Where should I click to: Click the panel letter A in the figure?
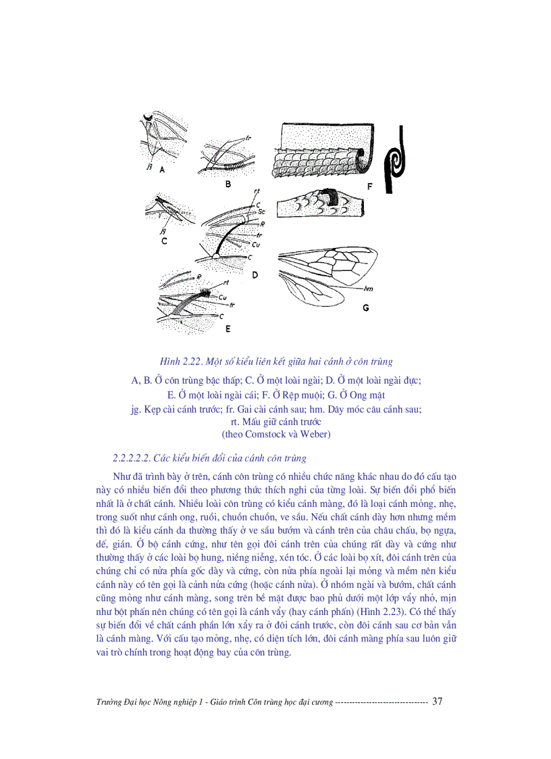coord(163,170)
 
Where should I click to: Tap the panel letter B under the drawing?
coord(228,183)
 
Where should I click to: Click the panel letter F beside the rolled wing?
coord(369,185)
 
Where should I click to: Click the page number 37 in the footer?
coord(437,702)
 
